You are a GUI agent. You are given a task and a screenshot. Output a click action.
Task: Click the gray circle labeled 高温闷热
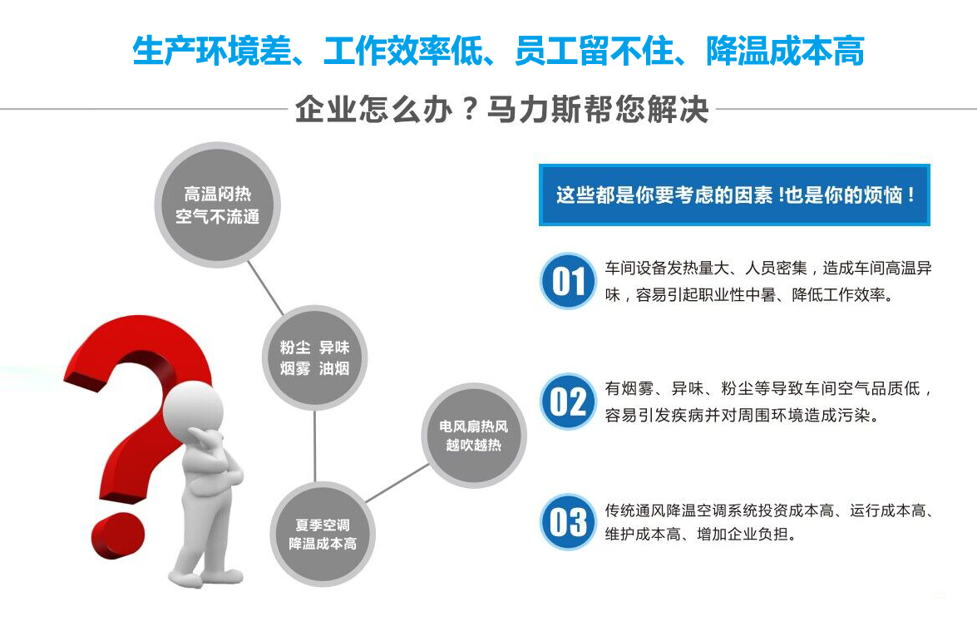[x=218, y=205]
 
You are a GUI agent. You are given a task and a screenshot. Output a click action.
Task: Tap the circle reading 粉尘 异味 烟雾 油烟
[x=314, y=357]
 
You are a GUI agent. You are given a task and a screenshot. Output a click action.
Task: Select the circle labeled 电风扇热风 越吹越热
[x=474, y=436]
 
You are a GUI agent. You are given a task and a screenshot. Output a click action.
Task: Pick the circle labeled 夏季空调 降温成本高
[x=323, y=534]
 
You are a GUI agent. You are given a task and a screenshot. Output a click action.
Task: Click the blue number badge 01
[x=568, y=281]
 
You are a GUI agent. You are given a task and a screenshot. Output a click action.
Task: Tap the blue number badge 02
[x=568, y=402]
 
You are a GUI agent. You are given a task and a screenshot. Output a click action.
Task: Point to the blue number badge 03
[x=568, y=522]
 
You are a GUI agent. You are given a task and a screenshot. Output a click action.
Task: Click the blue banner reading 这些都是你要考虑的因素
[x=734, y=195]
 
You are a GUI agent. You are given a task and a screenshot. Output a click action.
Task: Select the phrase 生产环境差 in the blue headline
[x=212, y=51]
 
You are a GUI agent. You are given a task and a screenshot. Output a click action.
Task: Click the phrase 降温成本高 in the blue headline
[x=785, y=51]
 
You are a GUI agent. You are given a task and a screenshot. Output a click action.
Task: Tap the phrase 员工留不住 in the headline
[x=595, y=51]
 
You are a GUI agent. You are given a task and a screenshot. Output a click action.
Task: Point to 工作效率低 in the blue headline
[x=403, y=51]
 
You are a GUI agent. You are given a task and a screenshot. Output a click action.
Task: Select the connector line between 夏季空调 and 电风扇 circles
[x=397, y=483]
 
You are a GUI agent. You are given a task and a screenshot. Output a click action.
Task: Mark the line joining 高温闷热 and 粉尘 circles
[x=265, y=288]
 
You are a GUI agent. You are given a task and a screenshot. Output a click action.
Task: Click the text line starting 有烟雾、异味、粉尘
[x=769, y=389]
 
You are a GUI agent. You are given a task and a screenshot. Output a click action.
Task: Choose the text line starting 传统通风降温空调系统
[x=769, y=510]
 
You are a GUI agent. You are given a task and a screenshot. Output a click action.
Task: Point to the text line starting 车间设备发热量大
[x=768, y=269]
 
